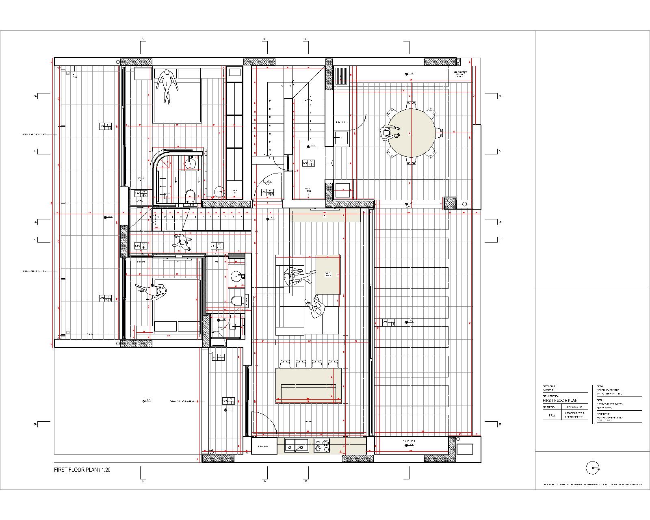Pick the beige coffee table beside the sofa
[328, 274]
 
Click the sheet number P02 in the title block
[552, 415]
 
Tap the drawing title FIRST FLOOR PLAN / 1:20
[82, 470]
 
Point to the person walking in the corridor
[182, 242]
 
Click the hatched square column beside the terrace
[450, 203]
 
